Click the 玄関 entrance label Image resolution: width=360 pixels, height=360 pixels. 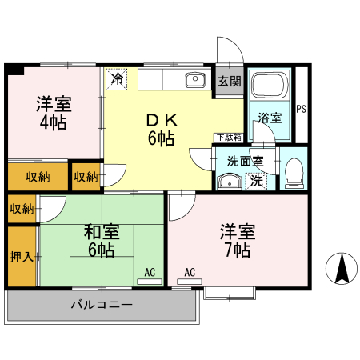click(x=228, y=81)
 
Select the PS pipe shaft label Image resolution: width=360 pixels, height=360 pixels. click(x=301, y=110)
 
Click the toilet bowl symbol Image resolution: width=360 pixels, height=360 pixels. click(x=294, y=171)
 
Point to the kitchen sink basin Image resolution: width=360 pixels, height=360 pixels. click(x=194, y=80)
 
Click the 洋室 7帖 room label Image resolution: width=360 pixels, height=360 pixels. click(x=237, y=241)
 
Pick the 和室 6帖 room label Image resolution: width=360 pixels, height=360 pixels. click(x=102, y=241)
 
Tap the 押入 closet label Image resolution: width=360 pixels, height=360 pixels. click(x=22, y=257)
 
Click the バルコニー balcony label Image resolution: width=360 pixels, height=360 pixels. click(x=101, y=305)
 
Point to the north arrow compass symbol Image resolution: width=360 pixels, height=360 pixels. click(x=342, y=267)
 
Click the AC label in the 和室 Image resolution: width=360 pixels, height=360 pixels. click(x=150, y=273)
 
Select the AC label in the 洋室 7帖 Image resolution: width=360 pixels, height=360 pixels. click(x=190, y=273)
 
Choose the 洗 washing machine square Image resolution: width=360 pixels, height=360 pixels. click(x=256, y=181)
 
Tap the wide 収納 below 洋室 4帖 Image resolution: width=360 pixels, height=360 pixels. click(x=37, y=176)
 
